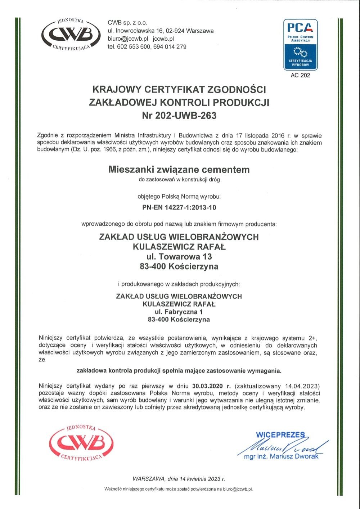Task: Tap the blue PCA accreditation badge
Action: [x=300, y=44]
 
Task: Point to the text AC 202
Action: [x=300, y=76]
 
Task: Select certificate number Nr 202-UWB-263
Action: [x=179, y=116]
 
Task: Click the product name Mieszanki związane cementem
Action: [x=179, y=170]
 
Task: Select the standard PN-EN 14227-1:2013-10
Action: [x=179, y=207]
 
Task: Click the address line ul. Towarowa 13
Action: [x=179, y=257]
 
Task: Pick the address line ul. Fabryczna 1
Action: [x=179, y=312]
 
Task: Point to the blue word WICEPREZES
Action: [x=280, y=435]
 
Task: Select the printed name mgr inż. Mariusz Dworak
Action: [x=281, y=456]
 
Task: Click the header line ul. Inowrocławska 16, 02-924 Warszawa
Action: [x=161, y=31]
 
